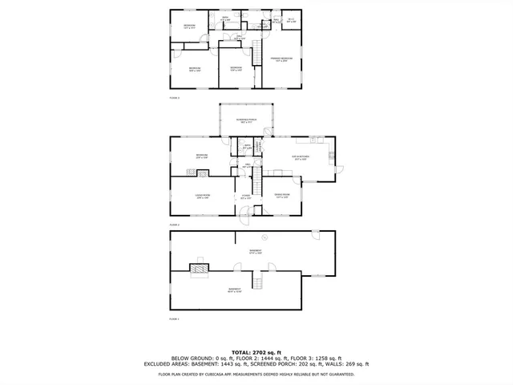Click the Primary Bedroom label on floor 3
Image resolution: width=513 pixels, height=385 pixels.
(280, 59)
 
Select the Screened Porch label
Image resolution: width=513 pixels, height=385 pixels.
(244, 122)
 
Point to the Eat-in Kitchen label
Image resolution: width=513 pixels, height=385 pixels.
(301, 158)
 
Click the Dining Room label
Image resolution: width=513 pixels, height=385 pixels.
(281, 196)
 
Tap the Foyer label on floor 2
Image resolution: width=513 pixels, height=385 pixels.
(246, 197)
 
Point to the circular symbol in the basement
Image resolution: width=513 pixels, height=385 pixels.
(265, 237)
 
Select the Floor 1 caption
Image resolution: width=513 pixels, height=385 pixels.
(174, 319)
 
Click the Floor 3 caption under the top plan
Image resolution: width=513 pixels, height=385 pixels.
(174, 97)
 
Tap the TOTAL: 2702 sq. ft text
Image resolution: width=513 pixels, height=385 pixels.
(256, 352)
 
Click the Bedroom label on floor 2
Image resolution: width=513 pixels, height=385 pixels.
(202, 156)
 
